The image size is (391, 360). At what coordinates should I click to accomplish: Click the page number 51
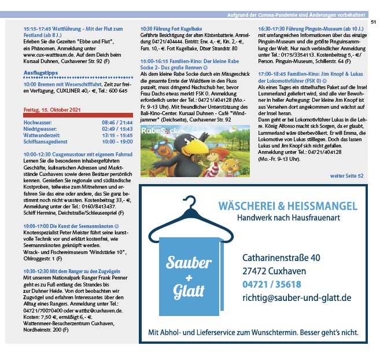[374, 21]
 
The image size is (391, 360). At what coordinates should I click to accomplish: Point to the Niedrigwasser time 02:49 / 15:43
[117, 129]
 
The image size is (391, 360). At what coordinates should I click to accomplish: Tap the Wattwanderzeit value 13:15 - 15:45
[117, 135]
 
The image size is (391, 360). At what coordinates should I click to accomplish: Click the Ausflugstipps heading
[40, 72]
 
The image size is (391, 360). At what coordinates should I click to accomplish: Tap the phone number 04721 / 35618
[272, 284]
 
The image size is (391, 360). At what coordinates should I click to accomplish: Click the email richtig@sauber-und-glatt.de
[297, 297]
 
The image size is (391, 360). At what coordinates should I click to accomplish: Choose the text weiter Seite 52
[346, 175]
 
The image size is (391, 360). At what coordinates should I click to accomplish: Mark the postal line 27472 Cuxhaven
[274, 271]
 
